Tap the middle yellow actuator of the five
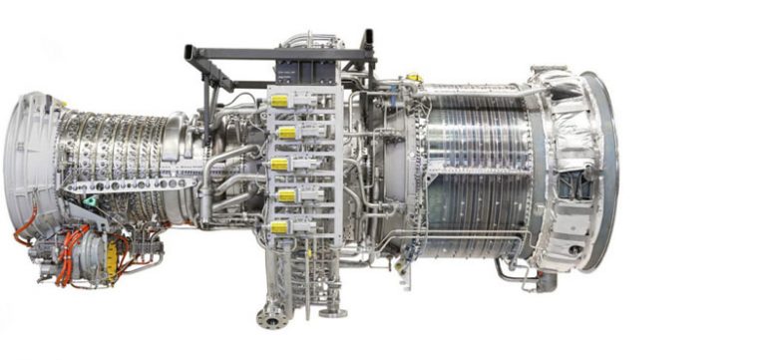[280, 164]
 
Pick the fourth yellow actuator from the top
[286, 195]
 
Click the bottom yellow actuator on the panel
[279, 227]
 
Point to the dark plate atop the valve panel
[307, 71]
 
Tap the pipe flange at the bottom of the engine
[268, 318]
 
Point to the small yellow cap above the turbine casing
[414, 78]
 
